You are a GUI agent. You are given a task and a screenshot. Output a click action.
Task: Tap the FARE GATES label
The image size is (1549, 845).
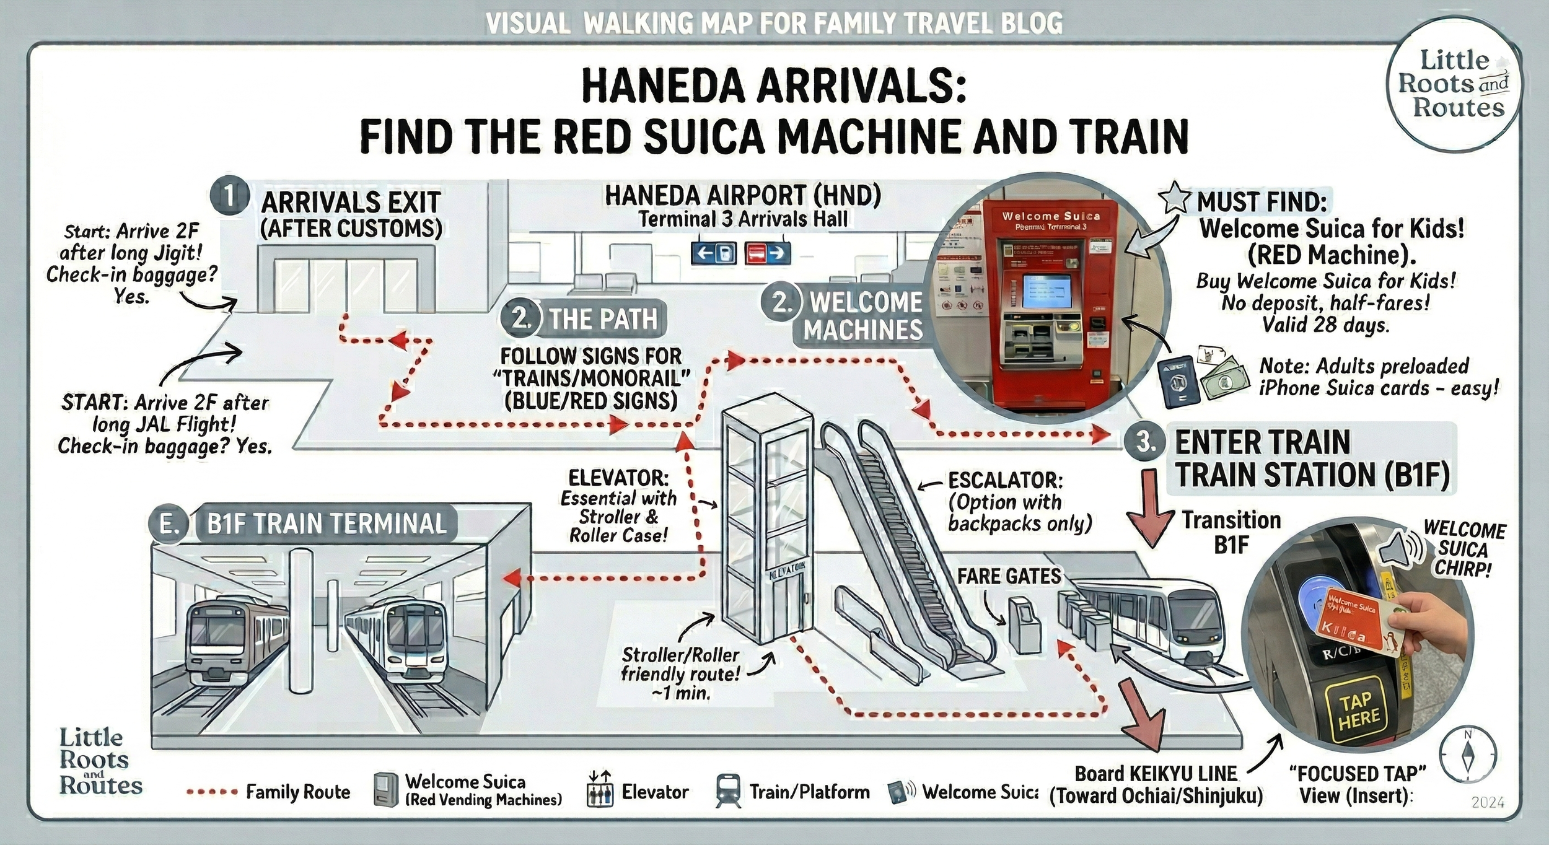1009,576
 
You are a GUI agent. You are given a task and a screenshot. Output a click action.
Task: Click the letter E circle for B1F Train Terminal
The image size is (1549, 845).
169,525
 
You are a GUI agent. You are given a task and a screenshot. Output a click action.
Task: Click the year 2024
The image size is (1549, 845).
1488,803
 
